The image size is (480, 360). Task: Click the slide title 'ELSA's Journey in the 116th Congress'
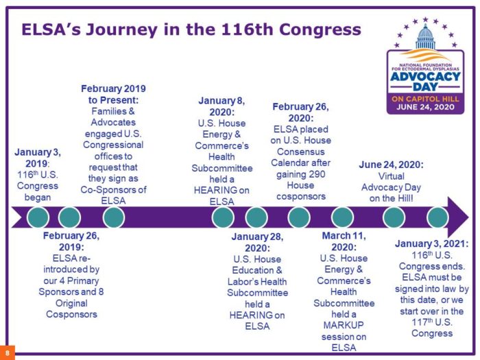click(x=191, y=29)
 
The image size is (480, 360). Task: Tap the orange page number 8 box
click(x=7, y=352)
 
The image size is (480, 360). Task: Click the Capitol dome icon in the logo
click(x=426, y=37)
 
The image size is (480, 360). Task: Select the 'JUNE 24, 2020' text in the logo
click(x=425, y=107)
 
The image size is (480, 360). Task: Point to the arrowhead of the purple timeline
click(x=458, y=217)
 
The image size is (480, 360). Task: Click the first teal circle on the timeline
click(x=38, y=217)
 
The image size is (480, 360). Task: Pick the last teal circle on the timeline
click(x=437, y=217)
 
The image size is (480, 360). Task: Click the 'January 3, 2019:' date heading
click(x=37, y=158)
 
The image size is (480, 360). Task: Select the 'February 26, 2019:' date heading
click(x=71, y=241)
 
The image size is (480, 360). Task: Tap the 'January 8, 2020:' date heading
click(x=221, y=106)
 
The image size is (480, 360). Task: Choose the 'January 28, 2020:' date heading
click(x=257, y=242)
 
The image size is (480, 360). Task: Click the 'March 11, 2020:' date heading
click(x=344, y=241)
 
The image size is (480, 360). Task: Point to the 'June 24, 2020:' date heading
click(x=392, y=165)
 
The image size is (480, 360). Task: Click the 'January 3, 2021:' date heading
click(x=431, y=243)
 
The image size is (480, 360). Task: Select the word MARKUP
click(x=344, y=325)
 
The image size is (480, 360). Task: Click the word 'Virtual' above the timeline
click(x=392, y=176)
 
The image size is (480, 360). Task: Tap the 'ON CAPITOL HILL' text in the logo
click(x=425, y=99)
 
